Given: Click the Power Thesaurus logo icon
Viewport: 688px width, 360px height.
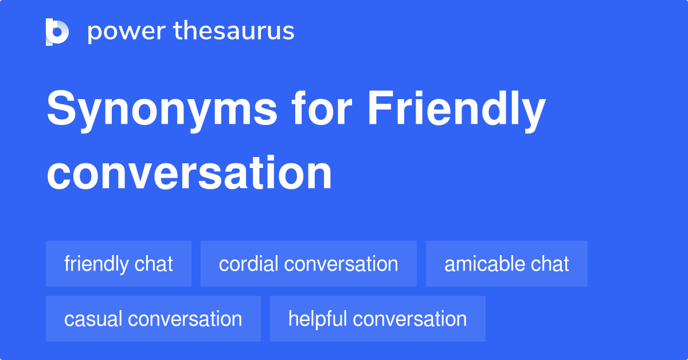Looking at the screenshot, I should coord(57,32).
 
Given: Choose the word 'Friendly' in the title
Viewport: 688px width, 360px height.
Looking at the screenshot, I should coord(456,111).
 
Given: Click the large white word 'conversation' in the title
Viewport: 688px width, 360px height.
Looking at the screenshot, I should coord(189,173).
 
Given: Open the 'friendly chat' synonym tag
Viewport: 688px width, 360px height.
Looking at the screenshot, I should coord(119,264).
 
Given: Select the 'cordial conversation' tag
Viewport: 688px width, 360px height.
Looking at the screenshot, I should coord(308,264).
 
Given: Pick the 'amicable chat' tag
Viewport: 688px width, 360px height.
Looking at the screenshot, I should coord(507,264).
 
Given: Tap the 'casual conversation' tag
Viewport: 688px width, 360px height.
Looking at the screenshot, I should coord(153,319).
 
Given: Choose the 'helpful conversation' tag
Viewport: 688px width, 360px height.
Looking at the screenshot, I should coord(377,319).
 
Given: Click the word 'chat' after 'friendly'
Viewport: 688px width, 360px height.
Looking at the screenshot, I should coord(154,264).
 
